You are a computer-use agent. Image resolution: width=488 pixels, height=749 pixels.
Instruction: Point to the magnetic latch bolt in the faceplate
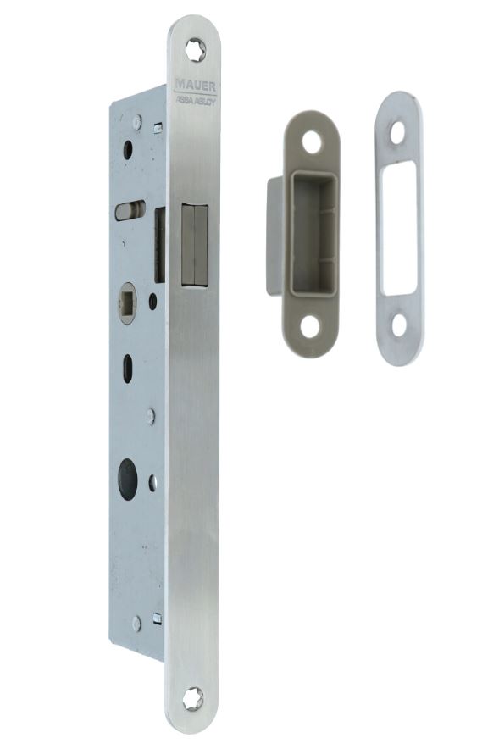coord(194,245)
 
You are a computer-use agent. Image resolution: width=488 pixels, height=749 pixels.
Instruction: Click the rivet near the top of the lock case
coord(136,121)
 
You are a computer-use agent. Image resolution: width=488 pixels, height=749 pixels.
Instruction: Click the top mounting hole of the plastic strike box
coord(312,141)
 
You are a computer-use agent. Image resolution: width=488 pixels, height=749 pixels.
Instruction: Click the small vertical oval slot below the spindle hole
coord(128,369)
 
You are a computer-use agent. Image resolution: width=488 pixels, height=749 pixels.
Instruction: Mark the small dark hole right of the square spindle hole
coord(152,300)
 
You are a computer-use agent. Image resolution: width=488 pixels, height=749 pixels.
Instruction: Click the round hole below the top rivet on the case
coord(127,151)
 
